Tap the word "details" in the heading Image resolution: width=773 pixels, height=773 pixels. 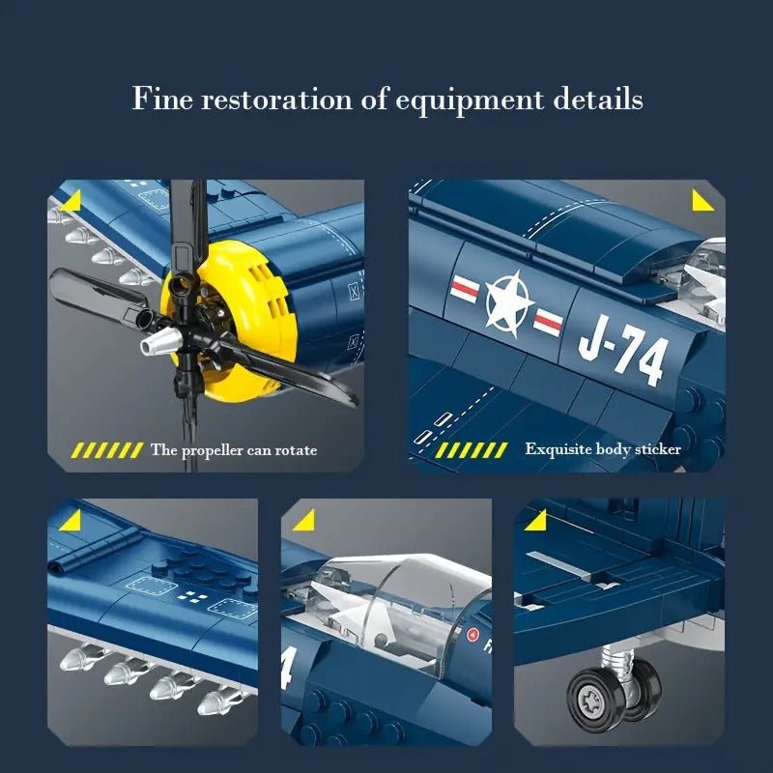(x=598, y=99)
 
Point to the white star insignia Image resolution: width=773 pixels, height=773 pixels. (x=509, y=302)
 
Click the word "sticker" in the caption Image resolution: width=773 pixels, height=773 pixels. (x=659, y=449)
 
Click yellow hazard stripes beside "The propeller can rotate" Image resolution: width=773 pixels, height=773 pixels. (x=108, y=450)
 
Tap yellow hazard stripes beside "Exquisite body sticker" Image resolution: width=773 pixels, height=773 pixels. (x=471, y=450)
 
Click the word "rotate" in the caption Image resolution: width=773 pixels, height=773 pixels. (x=296, y=450)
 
